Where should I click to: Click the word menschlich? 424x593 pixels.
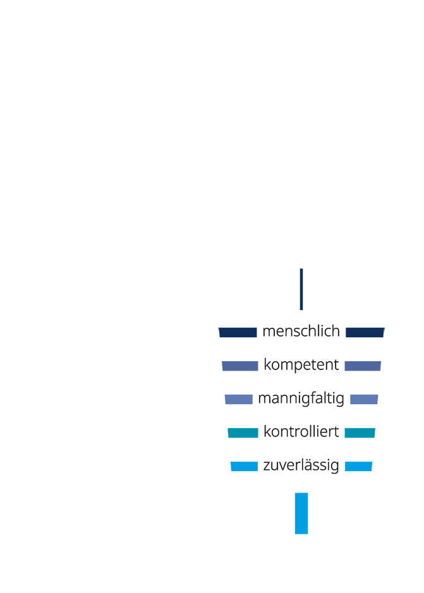pyautogui.click(x=301, y=332)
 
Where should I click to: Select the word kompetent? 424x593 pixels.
pyautogui.click(x=301, y=365)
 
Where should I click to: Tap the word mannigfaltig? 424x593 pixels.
pyautogui.click(x=301, y=399)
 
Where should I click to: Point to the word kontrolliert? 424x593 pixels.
pyautogui.click(x=301, y=432)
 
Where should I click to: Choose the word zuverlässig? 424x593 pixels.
pyautogui.click(x=301, y=465)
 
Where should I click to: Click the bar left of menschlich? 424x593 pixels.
pyautogui.click(x=238, y=332)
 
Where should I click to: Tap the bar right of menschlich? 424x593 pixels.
pyautogui.click(x=365, y=332)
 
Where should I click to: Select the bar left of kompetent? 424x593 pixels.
pyautogui.click(x=240, y=366)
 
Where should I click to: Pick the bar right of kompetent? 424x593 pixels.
pyautogui.click(x=363, y=366)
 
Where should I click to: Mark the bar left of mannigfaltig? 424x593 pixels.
pyautogui.click(x=239, y=399)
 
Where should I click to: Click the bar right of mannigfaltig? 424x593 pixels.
pyautogui.click(x=364, y=399)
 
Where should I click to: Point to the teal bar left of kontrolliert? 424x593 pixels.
pyautogui.click(x=243, y=433)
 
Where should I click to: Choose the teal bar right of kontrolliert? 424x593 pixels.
pyautogui.click(x=360, y=433)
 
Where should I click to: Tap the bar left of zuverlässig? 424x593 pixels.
pyautogui.click(x=245, y=466)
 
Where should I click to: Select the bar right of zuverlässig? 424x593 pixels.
pyautogui.click(x=358, y=466)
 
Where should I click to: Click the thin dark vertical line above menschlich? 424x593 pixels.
pyautogui.click(x=301, y=289)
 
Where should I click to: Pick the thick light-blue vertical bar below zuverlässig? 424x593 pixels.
pyautogui.click(x=301, y=513)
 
